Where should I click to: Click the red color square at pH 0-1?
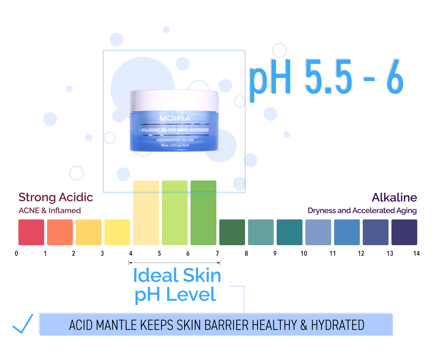click(31, 232)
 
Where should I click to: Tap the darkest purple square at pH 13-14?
click(404, 232)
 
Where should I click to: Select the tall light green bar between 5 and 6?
click(175, 213)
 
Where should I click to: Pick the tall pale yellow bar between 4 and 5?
click(146, 213)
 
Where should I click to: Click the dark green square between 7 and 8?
click(232, 232)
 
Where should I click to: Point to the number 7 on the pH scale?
click(217, 254)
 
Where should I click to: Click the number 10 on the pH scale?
click(304, 254)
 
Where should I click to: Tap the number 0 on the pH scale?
click(16, 254)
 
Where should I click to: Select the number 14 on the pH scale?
click(416, 254)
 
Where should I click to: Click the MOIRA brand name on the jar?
click(175, 118)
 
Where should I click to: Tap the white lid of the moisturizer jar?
click(174, 100)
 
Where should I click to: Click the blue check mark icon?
click(23, 324)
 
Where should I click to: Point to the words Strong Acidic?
click(56, 197)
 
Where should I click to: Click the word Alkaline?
click(394, 197)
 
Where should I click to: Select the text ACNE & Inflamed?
click(50, 211)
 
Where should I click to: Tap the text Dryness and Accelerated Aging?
click(362, 211)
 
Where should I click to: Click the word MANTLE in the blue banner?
click(117, 325)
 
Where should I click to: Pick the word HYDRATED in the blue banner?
click(338, 325)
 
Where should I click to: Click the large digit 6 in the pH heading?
click(395, 77)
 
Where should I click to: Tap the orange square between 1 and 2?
click(60, 232)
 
